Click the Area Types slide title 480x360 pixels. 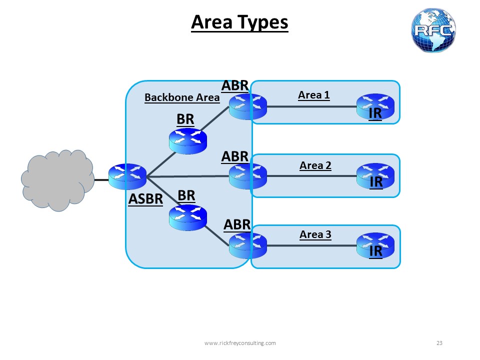[239, 22]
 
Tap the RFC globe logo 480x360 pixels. [433, 30]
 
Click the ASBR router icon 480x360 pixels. [127, 176]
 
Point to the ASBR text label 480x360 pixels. [145, 199]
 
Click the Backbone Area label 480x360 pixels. [182, 97]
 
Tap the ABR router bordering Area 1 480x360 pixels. [247, 106]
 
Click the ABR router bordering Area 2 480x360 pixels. [247, 176]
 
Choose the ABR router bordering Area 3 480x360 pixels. [247, 245]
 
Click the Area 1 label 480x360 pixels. [313, 95]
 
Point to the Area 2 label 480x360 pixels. [315, 165]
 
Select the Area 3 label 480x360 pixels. [315, 234]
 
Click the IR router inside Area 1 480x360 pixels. [375, 106]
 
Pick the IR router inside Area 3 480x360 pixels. [375, 245]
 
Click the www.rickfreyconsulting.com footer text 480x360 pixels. [240, 343]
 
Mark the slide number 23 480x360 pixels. [439, 343]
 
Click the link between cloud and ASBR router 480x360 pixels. [101, 178]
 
